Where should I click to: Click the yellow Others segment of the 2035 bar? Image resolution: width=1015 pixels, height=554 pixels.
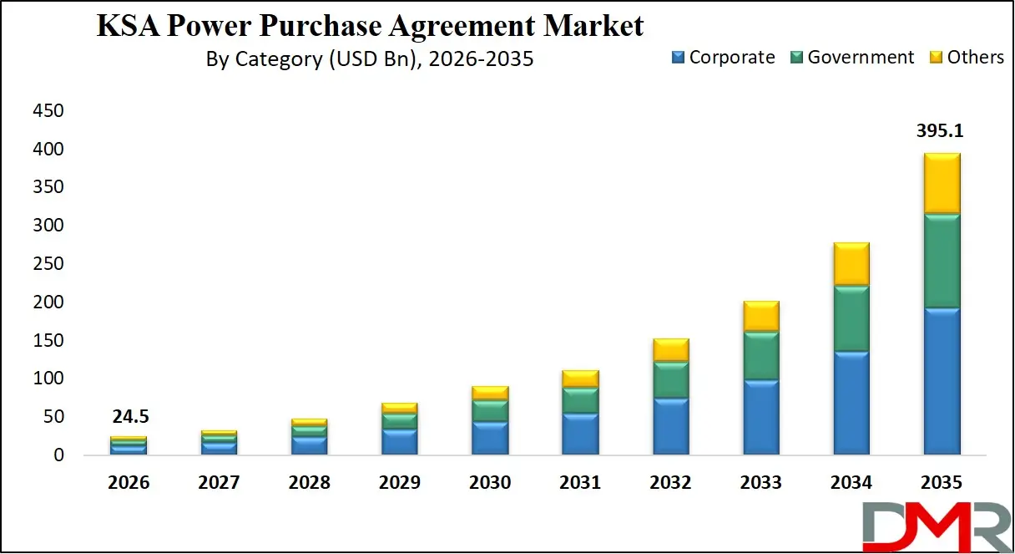pyautogui.click(x=942, y=184)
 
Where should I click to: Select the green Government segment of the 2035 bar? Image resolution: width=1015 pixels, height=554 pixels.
pyautogui.click(x=942, y=262)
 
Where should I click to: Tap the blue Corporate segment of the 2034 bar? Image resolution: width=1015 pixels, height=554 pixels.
pyautogui.click(x=851, y=403)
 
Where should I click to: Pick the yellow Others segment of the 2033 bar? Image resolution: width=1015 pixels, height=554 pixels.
pyautogui.click(x=760, y=317)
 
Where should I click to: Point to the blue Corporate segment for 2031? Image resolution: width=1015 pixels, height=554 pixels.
pyautogui.click(x=580, y=434)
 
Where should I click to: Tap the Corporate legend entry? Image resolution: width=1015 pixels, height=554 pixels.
pyautogui.click(x=723, y=58)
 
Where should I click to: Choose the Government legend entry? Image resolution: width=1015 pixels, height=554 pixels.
pyautogui.click(x=852, y=58)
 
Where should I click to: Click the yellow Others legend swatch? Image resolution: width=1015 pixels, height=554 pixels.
pyautogui.click(x=935, y=58)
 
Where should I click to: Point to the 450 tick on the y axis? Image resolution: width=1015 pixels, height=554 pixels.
pyautogui.click(x=48, y=111)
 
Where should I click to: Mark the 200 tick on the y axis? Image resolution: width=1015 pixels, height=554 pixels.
pyautogui.click(x=48, y=302)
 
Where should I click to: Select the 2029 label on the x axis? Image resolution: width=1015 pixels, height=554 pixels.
pyautogui.click(x=399, y=483)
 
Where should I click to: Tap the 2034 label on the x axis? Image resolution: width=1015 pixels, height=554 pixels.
pyautogui.click(x=851, y=483)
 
